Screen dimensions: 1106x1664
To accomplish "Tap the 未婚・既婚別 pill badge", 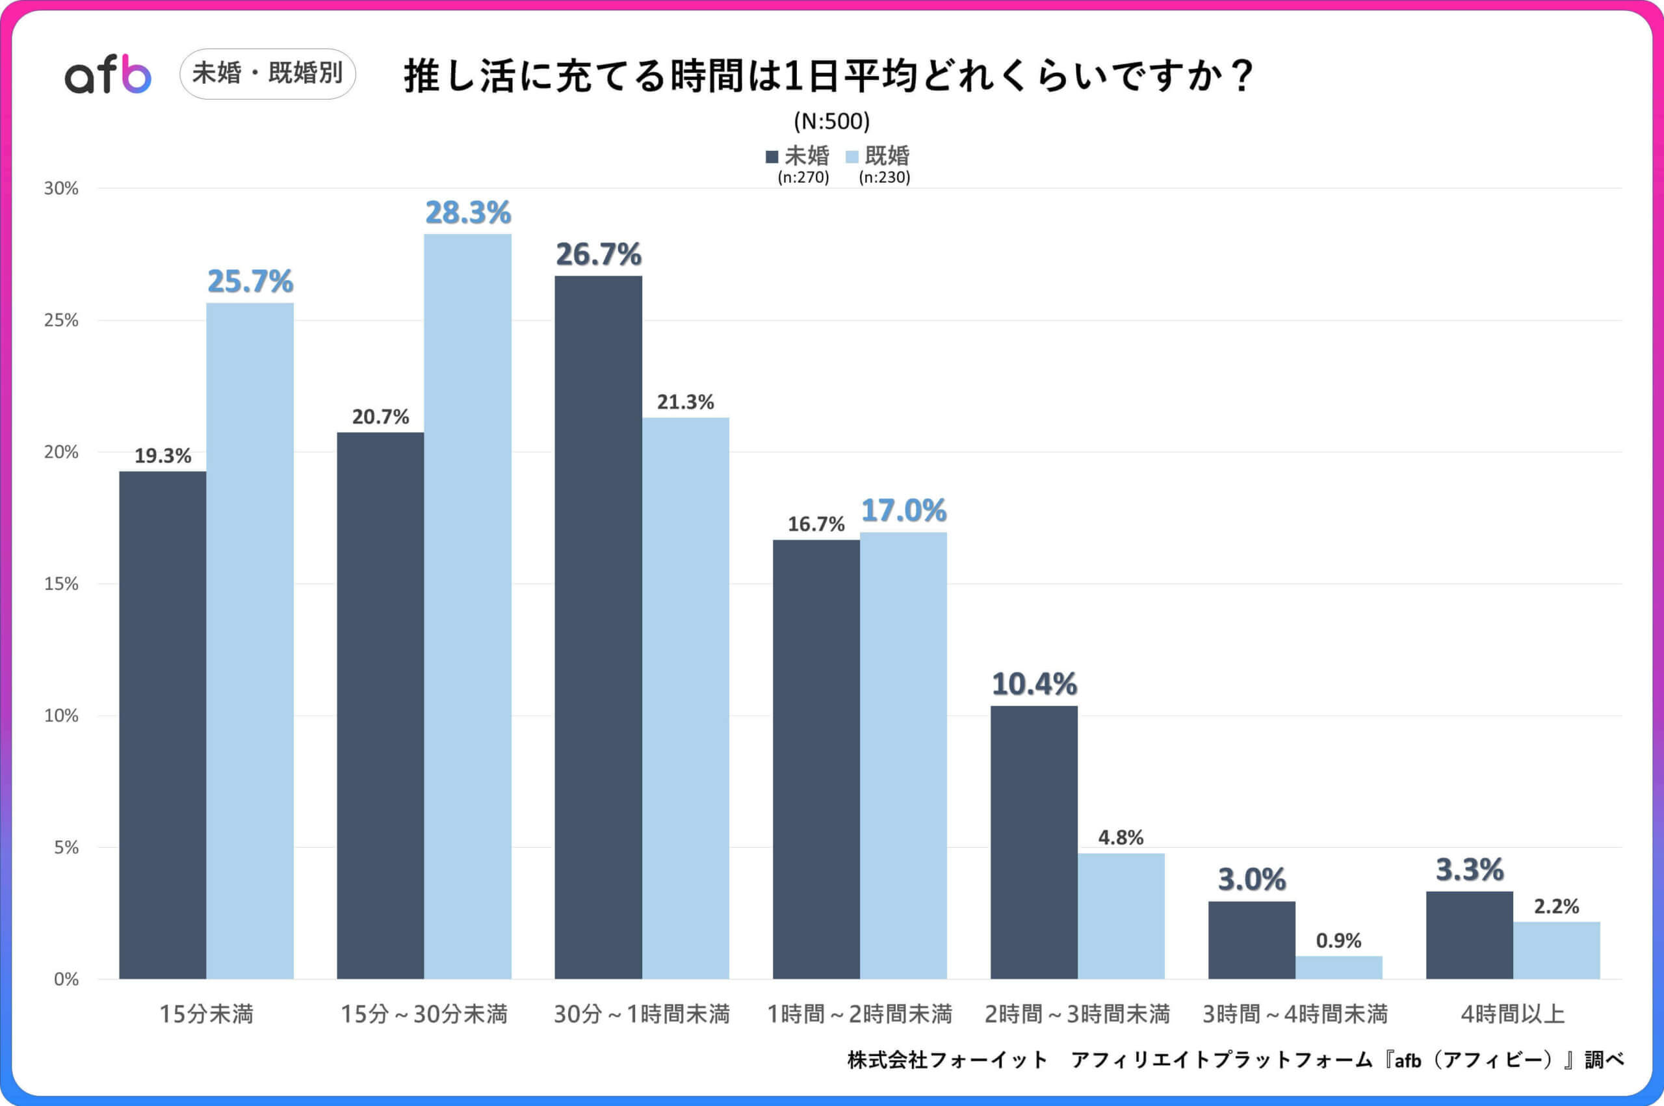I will click(x=267, y=73).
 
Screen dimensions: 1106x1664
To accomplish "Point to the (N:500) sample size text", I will click(x=831, y=122).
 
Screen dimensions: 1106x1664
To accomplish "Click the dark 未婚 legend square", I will click(x=772, y=157).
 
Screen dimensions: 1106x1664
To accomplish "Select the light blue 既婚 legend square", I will click(x=851, y=157).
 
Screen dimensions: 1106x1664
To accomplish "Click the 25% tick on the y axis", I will click(x=60, y=321).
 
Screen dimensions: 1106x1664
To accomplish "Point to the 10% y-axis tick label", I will click(x=60, y=716).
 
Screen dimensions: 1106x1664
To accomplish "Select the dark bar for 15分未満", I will click(x=163, y=724).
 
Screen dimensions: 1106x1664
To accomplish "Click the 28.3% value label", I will click(x=467, y=213).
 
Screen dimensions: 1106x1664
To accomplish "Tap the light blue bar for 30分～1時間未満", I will click(x=685, y=698).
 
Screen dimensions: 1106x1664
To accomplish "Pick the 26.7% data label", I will click(x=599, y=255).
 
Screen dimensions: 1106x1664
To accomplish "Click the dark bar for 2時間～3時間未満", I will click(x=1033, y=842).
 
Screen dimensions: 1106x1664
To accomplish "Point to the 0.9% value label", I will click(x=1338, y=940).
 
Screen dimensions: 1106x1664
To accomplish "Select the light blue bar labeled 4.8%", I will click(x=1121, y=915).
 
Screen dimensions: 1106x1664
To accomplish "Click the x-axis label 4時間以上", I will click(x=1513, y=1014).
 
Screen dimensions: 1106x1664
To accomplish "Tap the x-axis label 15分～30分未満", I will click(x=424, y=1014).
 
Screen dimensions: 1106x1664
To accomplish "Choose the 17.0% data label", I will click(x=903, y=510).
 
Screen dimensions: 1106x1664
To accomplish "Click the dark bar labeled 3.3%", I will click(x=1470, y=934).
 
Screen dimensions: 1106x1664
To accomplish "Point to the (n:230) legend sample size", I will click(x=884, y=177).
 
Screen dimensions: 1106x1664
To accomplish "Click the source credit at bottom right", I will click(x=1234, y=1059).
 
